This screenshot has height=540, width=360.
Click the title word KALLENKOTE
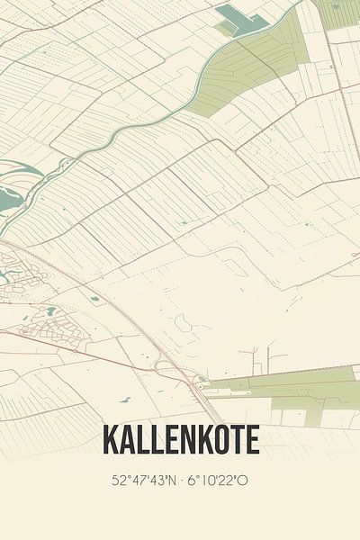point(181,440)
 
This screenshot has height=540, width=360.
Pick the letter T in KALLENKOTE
point(237,440)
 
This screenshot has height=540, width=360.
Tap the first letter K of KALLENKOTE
point(112,440)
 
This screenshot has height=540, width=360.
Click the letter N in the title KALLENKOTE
point(187,440)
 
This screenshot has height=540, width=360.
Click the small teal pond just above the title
point(124,399)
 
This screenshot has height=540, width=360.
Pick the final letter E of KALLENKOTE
point(252,440)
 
